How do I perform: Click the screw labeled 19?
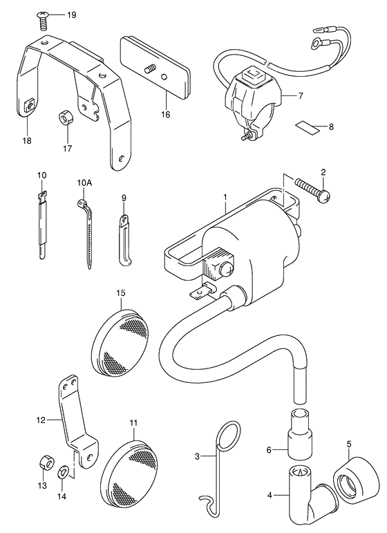[42, 19]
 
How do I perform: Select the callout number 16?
[165, 114]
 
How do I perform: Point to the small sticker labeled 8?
[307, 127]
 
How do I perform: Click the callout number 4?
[270, 496]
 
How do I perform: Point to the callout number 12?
[41, 420]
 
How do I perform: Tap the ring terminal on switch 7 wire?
[317, 43]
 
